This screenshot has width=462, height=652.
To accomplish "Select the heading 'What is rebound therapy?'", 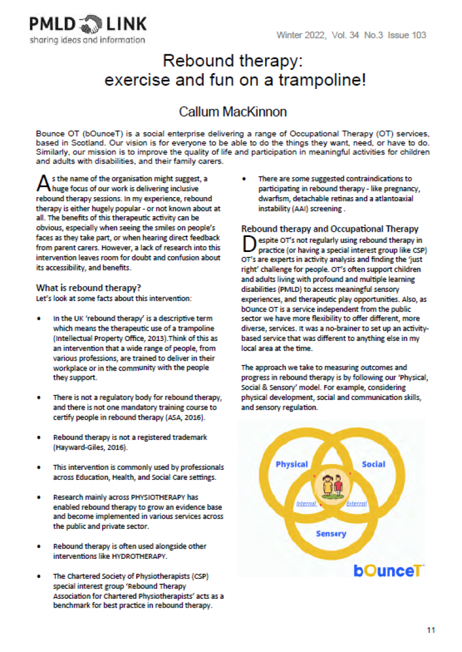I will (x=89, y=287).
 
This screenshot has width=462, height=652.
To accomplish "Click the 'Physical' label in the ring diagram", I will (x=292, y=464).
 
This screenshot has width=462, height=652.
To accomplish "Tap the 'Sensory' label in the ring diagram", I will (x=331, y=534).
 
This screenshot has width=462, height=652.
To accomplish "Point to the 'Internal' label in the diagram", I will (x=306, y=503).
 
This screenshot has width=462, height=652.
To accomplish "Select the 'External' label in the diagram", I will (x=356, y=503).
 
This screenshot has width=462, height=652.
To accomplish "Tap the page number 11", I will (x=431, y=629).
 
